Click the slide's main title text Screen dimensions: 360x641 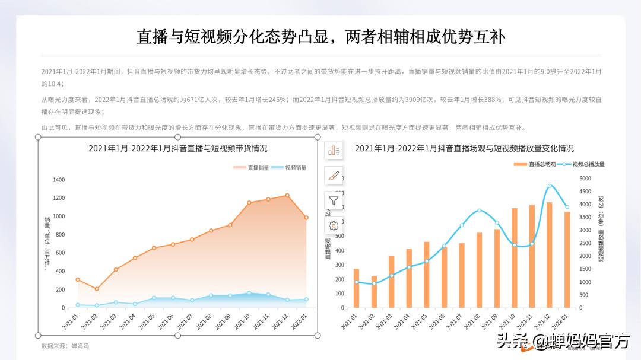click(x=320, y=37)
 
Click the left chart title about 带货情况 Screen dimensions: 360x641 click(x=177, y=148)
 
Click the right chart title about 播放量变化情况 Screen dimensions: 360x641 click(x=464, y=148)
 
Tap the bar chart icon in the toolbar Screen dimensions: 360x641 click(x=334, y=151)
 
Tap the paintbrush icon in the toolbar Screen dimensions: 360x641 click(x=334, y=176)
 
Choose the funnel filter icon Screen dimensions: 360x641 click(x=334, y=200)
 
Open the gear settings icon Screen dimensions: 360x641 click(x=334, y=225)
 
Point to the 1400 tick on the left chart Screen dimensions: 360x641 click(x=59, y=180)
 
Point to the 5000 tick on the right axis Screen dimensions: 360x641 click(x=585, y=179)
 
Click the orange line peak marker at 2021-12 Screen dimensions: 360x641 click(x=287, y=195)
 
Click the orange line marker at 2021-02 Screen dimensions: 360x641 click(x=97, y=289)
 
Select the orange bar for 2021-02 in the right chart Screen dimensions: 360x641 click(x=374, y=292)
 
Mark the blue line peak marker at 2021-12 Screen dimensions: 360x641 click(x=550, y=186)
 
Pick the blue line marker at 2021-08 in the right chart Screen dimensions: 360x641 click(x=479, y=211)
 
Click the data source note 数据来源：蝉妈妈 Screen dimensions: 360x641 click(x=65, y=345)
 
